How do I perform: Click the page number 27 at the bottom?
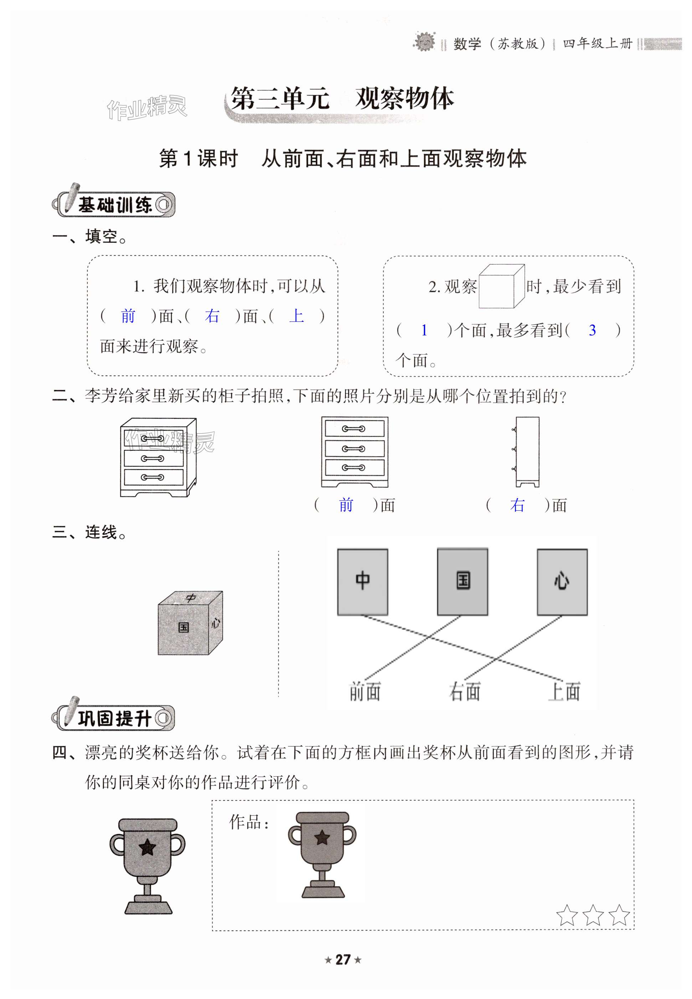tap(343, 959)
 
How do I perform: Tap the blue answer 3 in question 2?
tap(592, 331)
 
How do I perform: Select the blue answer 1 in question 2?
tap(424, 331)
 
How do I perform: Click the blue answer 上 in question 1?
tap(297, 316)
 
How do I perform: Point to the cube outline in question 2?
tap(501, 287)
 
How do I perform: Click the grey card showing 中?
tap(363, 582)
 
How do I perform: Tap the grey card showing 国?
tap(463, 582)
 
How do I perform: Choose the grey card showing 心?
tap(562, 582)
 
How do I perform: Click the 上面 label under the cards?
tap(564, 691)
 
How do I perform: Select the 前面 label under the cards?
tap(365, 691)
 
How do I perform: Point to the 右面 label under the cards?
tap(465, 691)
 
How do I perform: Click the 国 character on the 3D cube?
tap(183, 627)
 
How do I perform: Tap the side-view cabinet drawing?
tap(527, 452)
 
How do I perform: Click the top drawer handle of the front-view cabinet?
tap(353, 429)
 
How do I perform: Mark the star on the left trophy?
tap(147, 847)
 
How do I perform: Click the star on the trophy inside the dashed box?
tap(322, 837)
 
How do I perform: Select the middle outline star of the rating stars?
tap(593, 915)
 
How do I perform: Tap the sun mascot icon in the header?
tap(424, 42)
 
